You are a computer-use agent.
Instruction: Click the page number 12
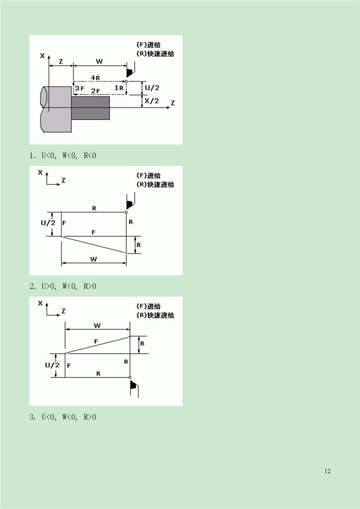[x=328, y=471]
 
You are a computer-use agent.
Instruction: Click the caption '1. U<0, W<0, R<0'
[x=63, y=155]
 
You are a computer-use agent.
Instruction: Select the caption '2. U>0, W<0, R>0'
[x=63, y=286]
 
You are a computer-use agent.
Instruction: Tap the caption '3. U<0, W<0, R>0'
[x=63, y=417]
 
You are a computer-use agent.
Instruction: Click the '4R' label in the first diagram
[x=95, y=78]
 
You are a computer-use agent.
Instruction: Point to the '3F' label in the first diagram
[x=79, y=89]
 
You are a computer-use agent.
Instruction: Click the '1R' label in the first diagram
[x=119, y=88]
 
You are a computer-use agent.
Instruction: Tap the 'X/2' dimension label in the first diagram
[x=152, y=101]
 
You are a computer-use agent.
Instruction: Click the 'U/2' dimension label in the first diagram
[x=152, y=88]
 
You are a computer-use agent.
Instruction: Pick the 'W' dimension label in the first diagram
[x=99, y=61]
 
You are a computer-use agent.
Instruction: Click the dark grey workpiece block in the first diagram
[x=90, y=107]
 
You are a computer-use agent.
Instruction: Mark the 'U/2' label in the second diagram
[x=48, y=223]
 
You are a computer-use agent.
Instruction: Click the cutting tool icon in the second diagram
[x=130, y=201]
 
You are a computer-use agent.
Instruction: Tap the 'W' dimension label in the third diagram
[x=97, y=325]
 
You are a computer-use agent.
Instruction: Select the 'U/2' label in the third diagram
[x=51, y=365]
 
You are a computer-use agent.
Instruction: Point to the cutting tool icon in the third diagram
[x=135, y=387]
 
